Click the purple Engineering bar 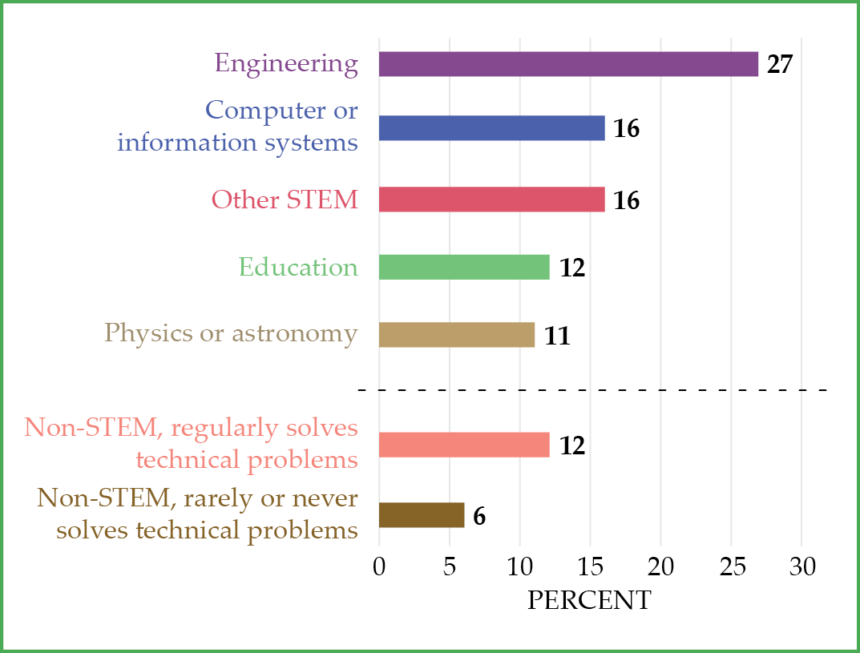[x=568, y=64]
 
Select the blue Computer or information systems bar [x=491, y=128]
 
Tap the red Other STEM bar [x=491, y=200]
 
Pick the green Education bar [x=464, y=267]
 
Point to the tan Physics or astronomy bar [x=456, y=335]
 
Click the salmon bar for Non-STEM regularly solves [x=464, y=445]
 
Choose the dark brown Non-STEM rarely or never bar [x=422, y=515]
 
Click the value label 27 [x=779, y=65]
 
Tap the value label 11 [x=556, y=336]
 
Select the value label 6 [x=479, y=516]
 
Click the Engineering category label [x=286, y=64]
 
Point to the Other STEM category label [x=285, y=200]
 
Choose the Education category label [x=298, y=267]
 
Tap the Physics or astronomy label [x=231, y=333]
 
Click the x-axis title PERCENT [x=589, y=600]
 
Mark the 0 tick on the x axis [x=379, y=567]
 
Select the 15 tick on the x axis [x=590, y=567]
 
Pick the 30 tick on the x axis [x=801, y=567]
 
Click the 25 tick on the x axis [x=731, y=567]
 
